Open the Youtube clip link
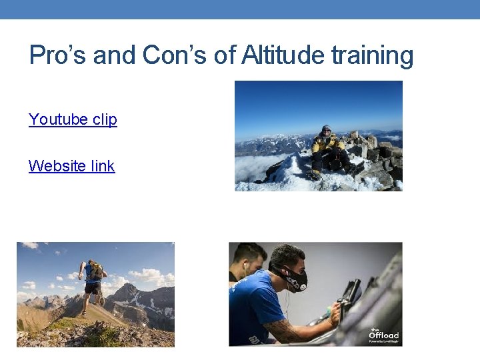coord(73,119)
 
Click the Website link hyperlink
coord(71,166)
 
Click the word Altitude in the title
coord(291,55)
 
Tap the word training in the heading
coord(379,55)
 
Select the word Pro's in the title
coord(58,55)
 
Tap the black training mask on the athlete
coord(295,279)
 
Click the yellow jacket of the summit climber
coord(327,143)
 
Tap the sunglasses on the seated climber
coord(326,130)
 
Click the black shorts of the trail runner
coord(92,289)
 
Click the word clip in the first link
coord(105,119)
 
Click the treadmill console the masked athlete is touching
coord(350,293)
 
